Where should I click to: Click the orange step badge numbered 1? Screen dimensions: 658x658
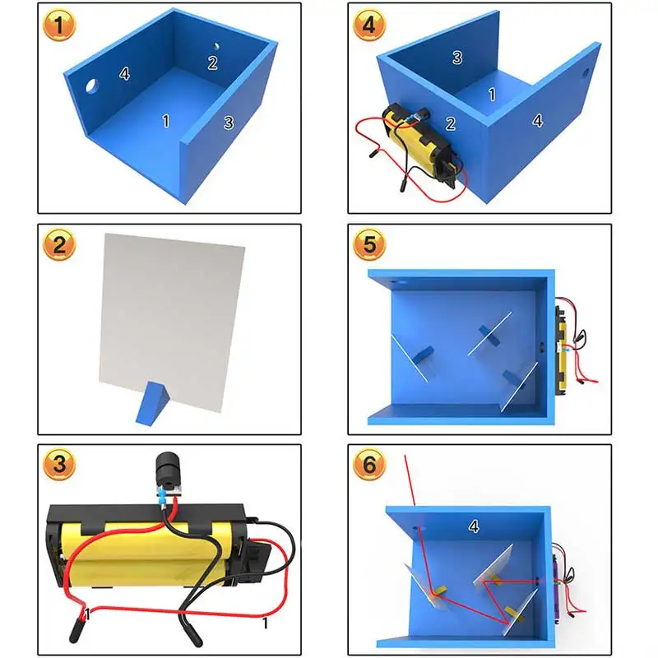coord(59,25)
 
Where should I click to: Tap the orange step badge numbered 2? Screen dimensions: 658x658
coord(59,244)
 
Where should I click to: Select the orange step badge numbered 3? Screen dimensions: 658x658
coord(59,464)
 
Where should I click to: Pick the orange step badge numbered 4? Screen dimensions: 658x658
coord(369,25)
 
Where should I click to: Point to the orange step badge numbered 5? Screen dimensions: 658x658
coord(369,244)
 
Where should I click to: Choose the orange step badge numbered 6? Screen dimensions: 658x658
coord(369,464)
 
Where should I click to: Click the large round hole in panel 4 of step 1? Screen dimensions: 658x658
coord(91,86)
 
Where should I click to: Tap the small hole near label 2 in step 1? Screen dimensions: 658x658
coord(216,46)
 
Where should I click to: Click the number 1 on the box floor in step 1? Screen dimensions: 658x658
coord(166,121)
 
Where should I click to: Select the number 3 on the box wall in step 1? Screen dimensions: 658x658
coord(229,123)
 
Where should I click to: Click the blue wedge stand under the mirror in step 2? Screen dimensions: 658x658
coord(152,404)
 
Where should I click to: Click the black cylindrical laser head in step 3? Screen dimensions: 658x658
coord(169,469)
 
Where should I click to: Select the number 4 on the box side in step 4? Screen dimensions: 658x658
coord(538,121)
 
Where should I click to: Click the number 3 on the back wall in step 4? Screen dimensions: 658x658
coord(457,58)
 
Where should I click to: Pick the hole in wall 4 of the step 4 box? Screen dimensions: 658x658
coord(586,72)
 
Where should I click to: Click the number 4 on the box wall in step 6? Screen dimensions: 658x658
coord(474,526)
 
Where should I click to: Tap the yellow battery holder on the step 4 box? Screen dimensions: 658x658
coord(419,142)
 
